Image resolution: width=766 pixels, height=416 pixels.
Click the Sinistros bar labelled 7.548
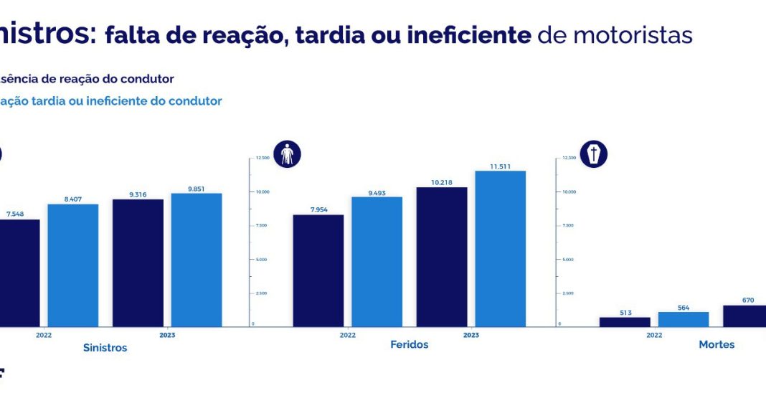pyautogui.click(x=19, y=273)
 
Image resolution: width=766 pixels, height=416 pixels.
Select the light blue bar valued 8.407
pyautogui.click(x=73, y=265)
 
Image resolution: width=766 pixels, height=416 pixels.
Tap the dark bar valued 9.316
pyautogui.click(x=138, y=263)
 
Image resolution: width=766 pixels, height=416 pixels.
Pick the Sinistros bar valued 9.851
pyautogui.click(x=197, y=260)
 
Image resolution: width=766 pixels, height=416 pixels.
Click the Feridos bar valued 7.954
pyautogui.click(x=318, y=270)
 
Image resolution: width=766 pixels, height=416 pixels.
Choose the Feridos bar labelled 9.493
pyautogui.click(x=377, y=262)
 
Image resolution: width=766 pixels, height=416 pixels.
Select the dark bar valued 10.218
pyautogui.click(x=442, y=257)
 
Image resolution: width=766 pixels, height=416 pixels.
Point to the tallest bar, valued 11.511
pyautogui.click(x=500, y=248)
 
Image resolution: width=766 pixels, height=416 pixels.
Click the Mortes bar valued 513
pyautogui.click(x=625, y=322)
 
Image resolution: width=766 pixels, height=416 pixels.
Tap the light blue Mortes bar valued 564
pyautogui.click(x=684, y=319)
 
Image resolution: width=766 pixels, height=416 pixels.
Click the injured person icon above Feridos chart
pyautogui.click(x=288, y=154)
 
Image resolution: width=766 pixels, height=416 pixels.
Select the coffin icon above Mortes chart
pyautogui.click(x=594, y=154)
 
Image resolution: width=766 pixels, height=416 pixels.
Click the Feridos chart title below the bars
pyautogui.click(x=410, y=345)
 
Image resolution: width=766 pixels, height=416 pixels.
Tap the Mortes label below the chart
pyautogui.click(x=717, y=345)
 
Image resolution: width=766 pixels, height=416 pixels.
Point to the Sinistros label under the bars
pyautogui.click(x=105, y=348)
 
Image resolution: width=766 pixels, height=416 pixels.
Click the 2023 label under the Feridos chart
pyautogui.click(x=471, y=335)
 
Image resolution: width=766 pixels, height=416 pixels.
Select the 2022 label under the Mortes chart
pyautogui.click(x=654, y=335)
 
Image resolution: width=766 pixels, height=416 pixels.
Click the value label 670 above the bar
pyautogui.click(x=748, y=300)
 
